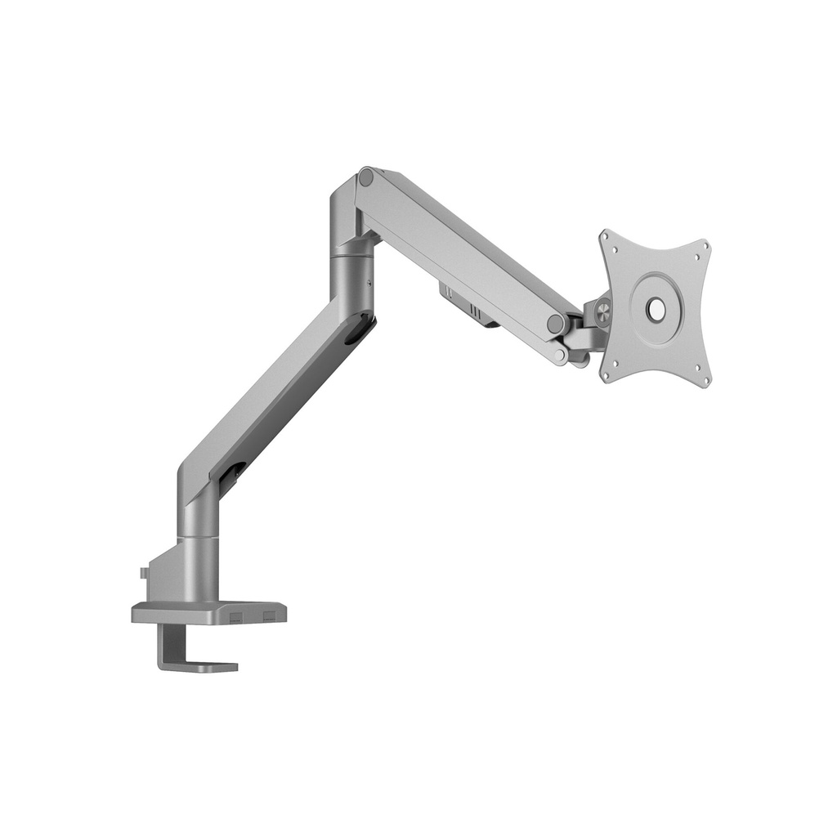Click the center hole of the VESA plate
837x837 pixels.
pos(656,308)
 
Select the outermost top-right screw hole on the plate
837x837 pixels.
pos(705,244)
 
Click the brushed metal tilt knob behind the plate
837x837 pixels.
pos(603,310)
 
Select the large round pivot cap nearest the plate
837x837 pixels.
pos(556,323)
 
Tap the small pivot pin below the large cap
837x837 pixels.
pos(559,356)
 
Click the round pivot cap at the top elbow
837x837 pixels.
pos(366,177)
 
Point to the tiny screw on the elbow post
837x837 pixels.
pos(369,284)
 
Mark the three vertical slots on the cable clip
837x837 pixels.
pos(475,311)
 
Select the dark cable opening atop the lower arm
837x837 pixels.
pos(357,331)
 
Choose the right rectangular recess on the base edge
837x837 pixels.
pos(270,614)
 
